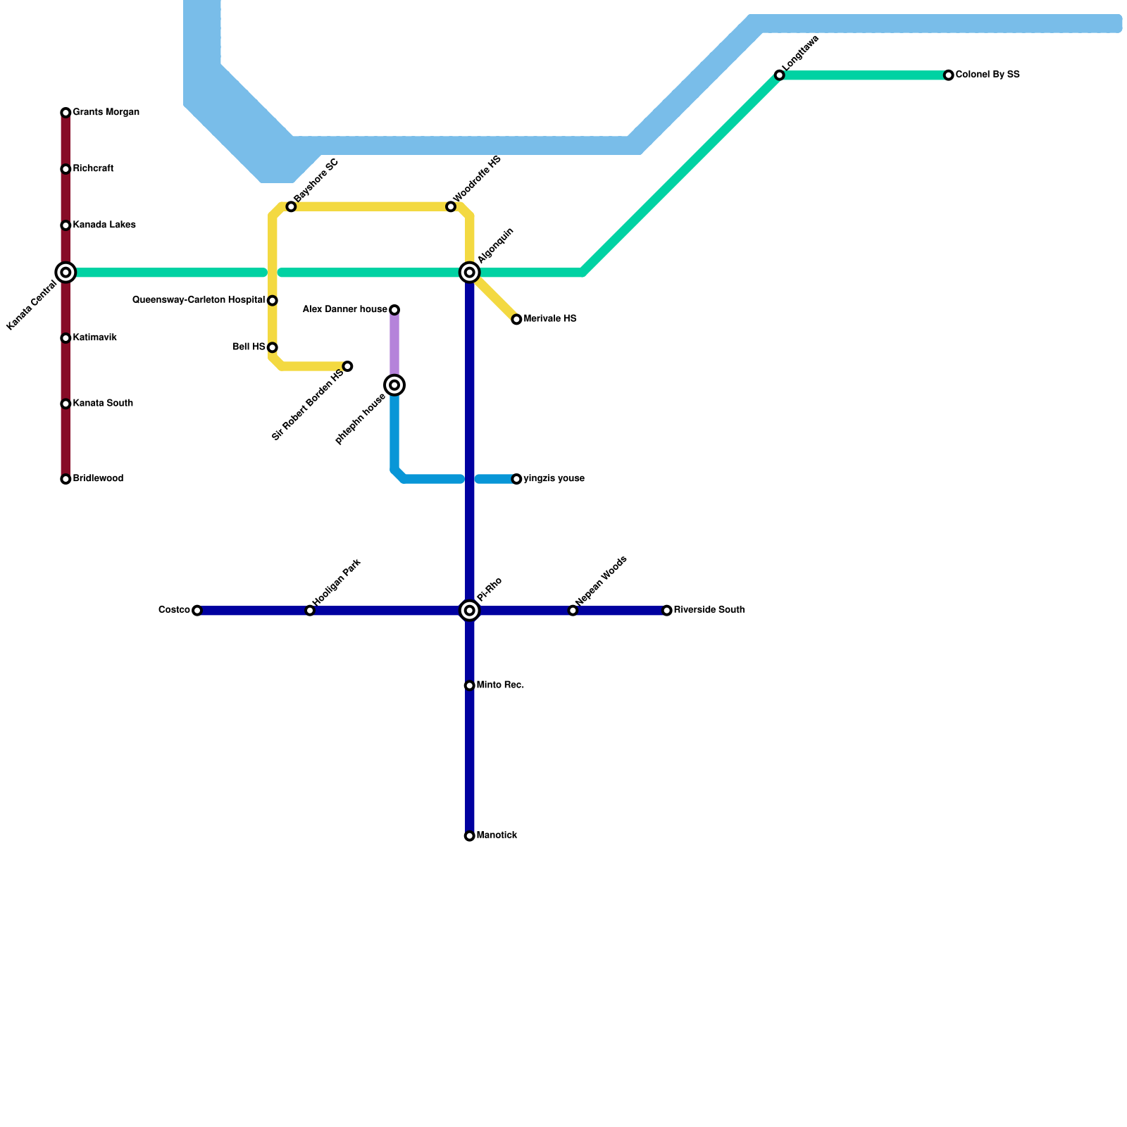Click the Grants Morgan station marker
coord(66,113)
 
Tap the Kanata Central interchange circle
coord(66,273)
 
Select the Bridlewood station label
coord(98,479)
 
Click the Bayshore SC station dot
coord(291,206)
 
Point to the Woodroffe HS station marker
coord(451,206)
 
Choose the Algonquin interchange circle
coord(470,273)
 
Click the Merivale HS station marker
coord(516,320)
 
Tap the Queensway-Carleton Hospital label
coord(199,300)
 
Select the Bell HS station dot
coord(273,348)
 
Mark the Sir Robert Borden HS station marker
coord(347,366)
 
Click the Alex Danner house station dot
coord(394,310)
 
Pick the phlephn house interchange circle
coord(394,385)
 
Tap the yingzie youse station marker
coord(516,479)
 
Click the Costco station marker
coord(197,611)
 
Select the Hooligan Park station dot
coord(310,611)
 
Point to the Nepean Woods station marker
coord(573,611)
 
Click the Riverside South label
coord(709,610)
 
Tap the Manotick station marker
coord(470,836)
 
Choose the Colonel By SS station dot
coord(949,75)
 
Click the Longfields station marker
coord(779,75)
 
